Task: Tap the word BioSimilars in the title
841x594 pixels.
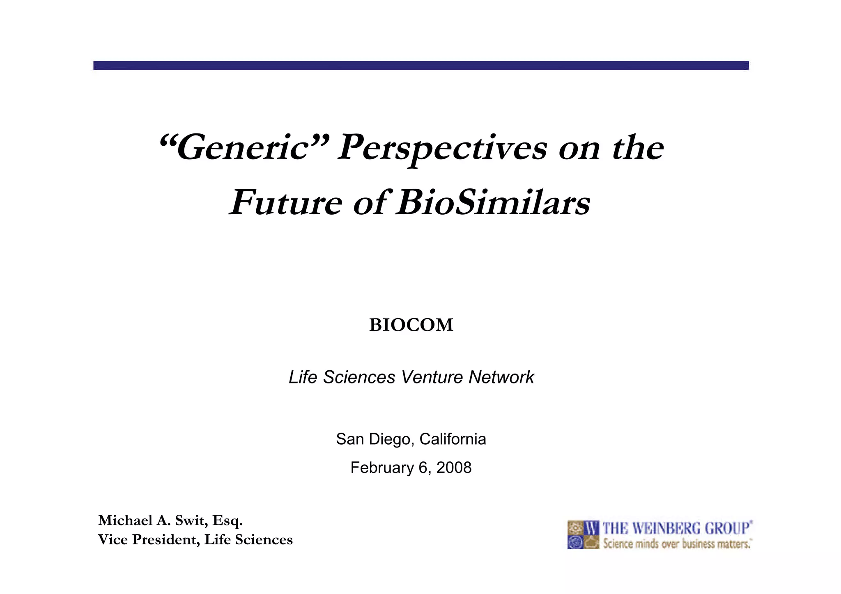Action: pos(493,202)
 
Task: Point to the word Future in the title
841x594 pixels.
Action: pos(286,202)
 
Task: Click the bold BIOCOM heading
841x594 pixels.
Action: pos(411,325)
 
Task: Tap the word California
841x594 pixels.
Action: pos(453,439)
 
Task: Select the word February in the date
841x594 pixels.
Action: pos(382,468)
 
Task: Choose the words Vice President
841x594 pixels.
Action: pos(149,539)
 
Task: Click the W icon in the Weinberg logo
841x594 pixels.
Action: pos(591,528)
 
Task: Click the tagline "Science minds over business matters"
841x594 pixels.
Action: pos(677,544)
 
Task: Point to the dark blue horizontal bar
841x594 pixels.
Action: pos(421,66)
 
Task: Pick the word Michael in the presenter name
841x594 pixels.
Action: pos(125,521)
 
